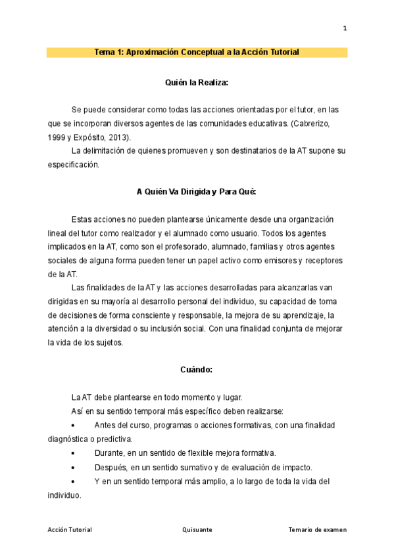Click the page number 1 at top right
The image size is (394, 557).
point(345,28)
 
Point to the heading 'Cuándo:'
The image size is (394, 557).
point(197,370)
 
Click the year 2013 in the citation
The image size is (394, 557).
point(118,137)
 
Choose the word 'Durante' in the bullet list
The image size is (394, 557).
point(111,453)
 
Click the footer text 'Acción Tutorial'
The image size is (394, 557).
point(69,529)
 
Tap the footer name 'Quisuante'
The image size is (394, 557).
point(197,529)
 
